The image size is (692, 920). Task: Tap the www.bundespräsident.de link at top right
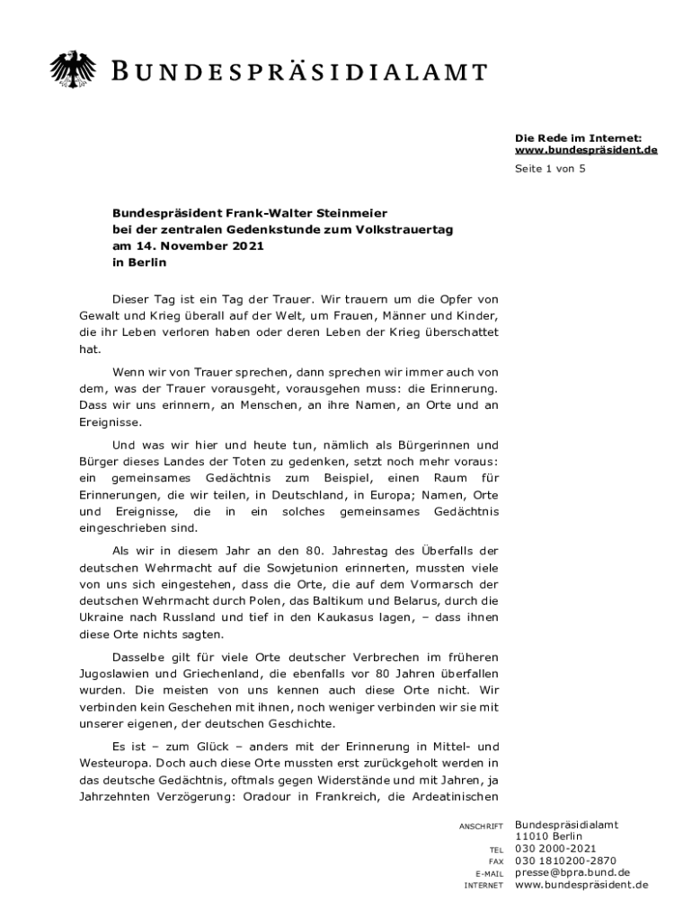point(586,149)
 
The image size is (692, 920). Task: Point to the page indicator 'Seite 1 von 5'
point(550,169)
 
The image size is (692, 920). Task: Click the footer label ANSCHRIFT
point(482,826)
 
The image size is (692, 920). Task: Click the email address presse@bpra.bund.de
point(572,872)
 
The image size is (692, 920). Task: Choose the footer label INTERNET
point(484,885)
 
